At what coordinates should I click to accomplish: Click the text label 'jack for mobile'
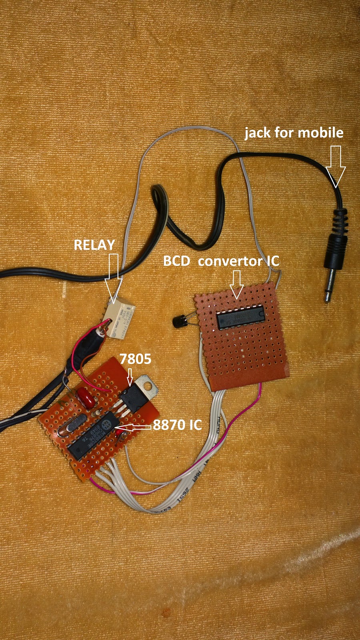pos(294,133)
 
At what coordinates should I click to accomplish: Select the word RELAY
pos(94,245)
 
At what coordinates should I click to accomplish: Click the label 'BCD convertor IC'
pos(221,261)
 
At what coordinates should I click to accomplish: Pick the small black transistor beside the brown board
pos(179,320)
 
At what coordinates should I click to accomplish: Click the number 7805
pos(136,359)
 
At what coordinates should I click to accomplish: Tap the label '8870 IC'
pos(177,425)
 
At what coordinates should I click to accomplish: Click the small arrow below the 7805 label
pos(129,377)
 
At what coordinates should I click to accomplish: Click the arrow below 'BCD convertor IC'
pos(236,284)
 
